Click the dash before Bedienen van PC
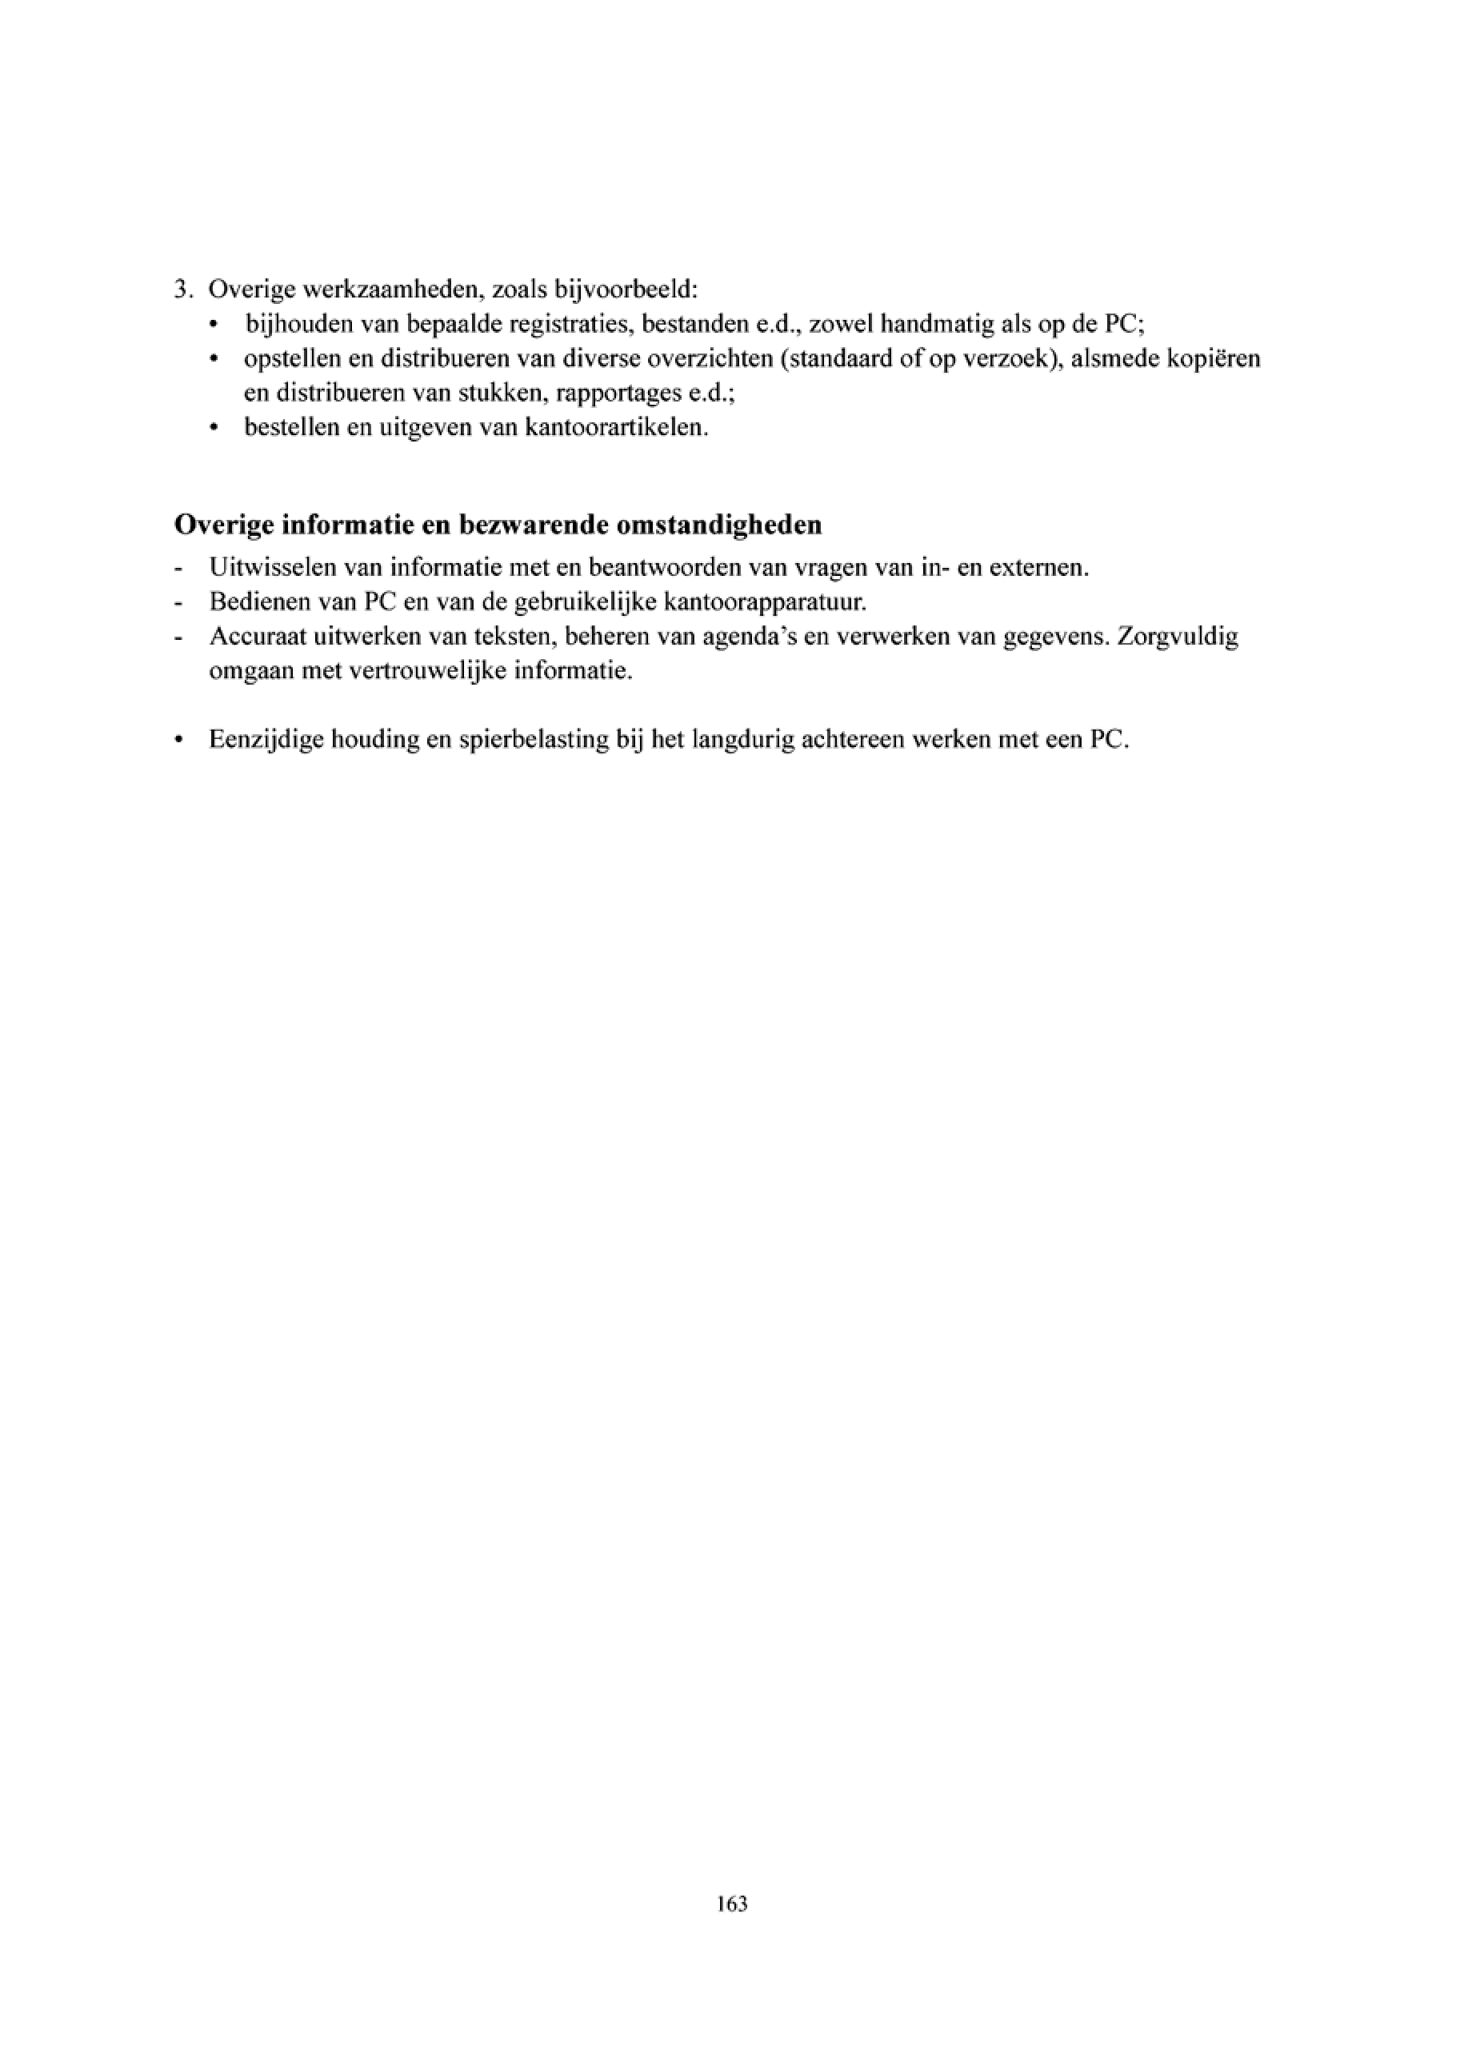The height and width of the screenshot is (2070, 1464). click(x=178, y=603)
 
